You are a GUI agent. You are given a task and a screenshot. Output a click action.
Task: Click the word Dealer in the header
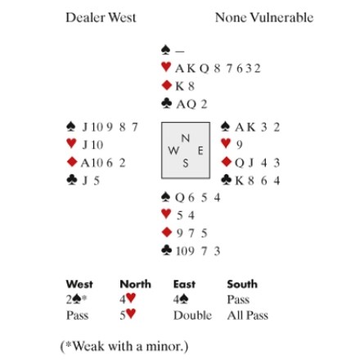pyautogui.click(x=85, y=17)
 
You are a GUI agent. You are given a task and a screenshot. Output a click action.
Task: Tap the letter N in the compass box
pyautogui.click(x=186, y=138)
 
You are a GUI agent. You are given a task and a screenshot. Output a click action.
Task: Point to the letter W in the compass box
pyautogui.click(x=173, y=151)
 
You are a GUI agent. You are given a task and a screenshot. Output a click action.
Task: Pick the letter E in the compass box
pyautogui.click(x=200, y=151)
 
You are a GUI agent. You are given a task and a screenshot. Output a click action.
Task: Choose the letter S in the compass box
pyautogui.click(x=186, y=163)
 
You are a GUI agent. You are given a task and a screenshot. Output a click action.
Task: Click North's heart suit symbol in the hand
pyautogui.click(x=166, y=67)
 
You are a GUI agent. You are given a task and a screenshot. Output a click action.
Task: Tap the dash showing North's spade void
pyautogui.click(x=180, y=51)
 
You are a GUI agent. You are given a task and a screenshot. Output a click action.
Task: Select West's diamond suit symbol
pyautogui.click(x=72, y=162)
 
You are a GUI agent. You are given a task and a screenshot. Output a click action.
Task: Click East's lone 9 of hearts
pyautogui.click(x=239, y=145)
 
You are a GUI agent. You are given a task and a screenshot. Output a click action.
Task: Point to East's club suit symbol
pyautogui.click(x=227, y=180)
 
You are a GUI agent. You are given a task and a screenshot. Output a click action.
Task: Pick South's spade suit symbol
pyautogui.click(x=166, y=197)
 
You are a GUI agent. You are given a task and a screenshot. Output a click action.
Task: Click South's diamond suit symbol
pyautogui.click(x=166, y=232)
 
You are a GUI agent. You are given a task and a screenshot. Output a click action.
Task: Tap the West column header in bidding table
pyautogui.click(x=79, y=284)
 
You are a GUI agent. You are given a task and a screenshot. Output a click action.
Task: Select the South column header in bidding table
pyautogui.click(x=242, y=284)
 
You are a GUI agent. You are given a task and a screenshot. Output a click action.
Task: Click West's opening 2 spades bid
pyautogui.click(x=76, y=299)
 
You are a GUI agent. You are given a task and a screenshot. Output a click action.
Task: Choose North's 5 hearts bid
pyautogui.click(x=128, y=315)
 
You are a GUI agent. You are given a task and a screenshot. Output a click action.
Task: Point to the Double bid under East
pyautogui.click(x=192, y=315)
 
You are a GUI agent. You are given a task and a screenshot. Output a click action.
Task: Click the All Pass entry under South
pyautogui.click(x=248, y=315)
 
